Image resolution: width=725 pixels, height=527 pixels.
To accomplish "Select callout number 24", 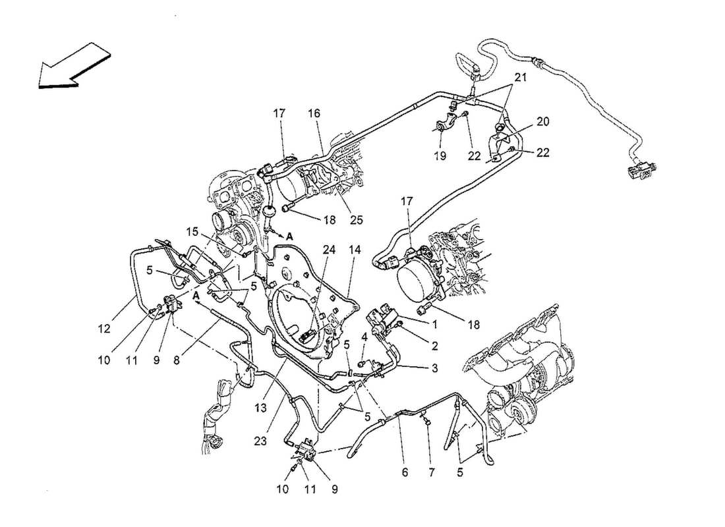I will click(328, 250).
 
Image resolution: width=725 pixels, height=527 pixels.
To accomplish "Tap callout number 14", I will click(356, 250).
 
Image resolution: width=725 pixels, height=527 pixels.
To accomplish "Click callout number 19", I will click(440, 156).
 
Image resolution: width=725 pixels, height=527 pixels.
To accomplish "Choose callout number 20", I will click(542, 122).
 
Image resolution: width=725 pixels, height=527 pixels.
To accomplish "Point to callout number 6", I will click(405, 473).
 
